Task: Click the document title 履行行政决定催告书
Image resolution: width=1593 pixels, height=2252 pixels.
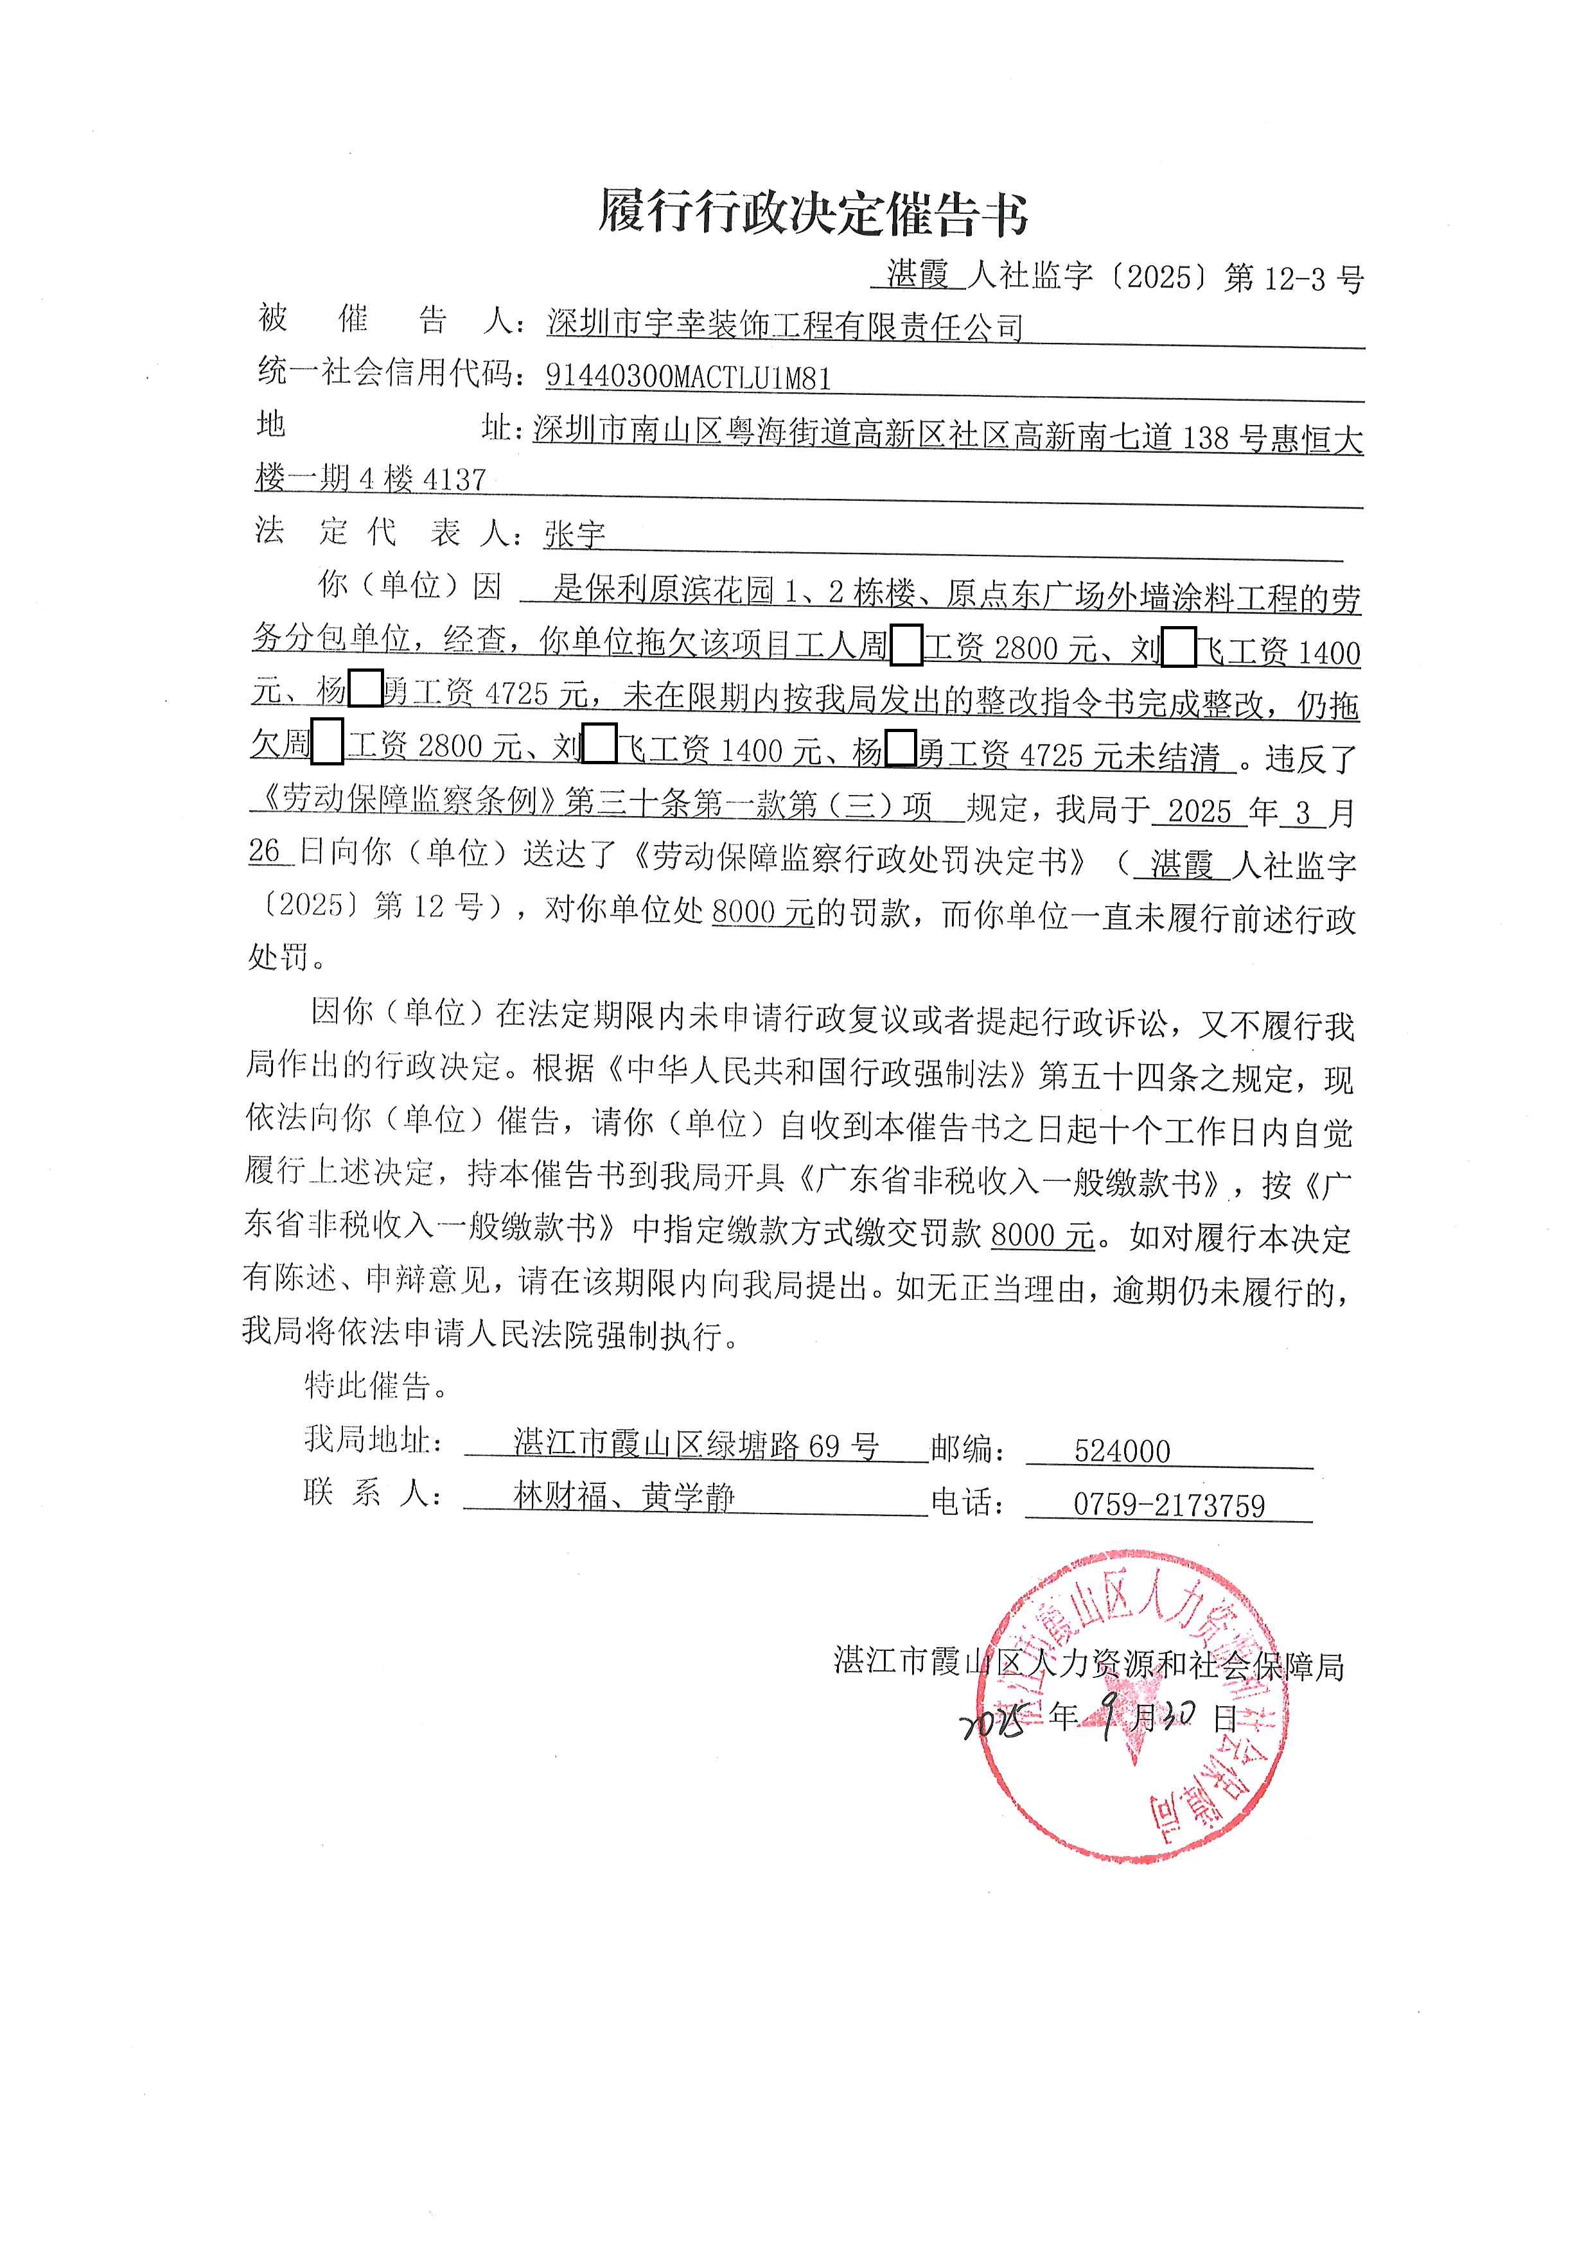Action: (813, 212)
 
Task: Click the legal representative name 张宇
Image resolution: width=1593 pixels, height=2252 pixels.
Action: (575, 534)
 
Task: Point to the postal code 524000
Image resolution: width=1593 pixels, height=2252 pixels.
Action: (1122, 1451)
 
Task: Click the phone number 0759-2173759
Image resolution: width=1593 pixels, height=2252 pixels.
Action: (1169, 1505)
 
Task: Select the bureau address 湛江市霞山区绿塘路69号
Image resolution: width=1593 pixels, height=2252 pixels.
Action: (696, 1445)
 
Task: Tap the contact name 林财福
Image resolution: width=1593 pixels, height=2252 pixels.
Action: (560, 1497)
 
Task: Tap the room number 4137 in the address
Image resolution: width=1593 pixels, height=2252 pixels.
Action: (454, 480)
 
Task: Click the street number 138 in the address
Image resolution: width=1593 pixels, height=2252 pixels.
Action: (1206, 437)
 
